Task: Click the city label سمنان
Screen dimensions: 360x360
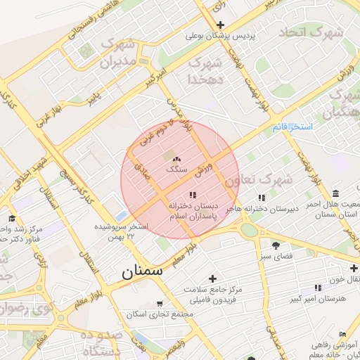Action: click(x=142, y=271)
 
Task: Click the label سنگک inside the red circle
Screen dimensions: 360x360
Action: click(x=176, y=169)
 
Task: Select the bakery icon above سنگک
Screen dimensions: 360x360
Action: click(x=176, y=160)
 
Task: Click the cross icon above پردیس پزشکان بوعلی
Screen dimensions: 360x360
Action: click(x=221, y=25)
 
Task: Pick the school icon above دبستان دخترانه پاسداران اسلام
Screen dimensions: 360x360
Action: click(x=193, y=195)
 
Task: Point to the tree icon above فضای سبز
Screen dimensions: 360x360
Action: click(x=276, y=245)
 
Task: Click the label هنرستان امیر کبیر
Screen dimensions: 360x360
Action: click(x=318, y=299)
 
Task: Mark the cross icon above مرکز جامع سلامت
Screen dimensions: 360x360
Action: click(x=212, y=279)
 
